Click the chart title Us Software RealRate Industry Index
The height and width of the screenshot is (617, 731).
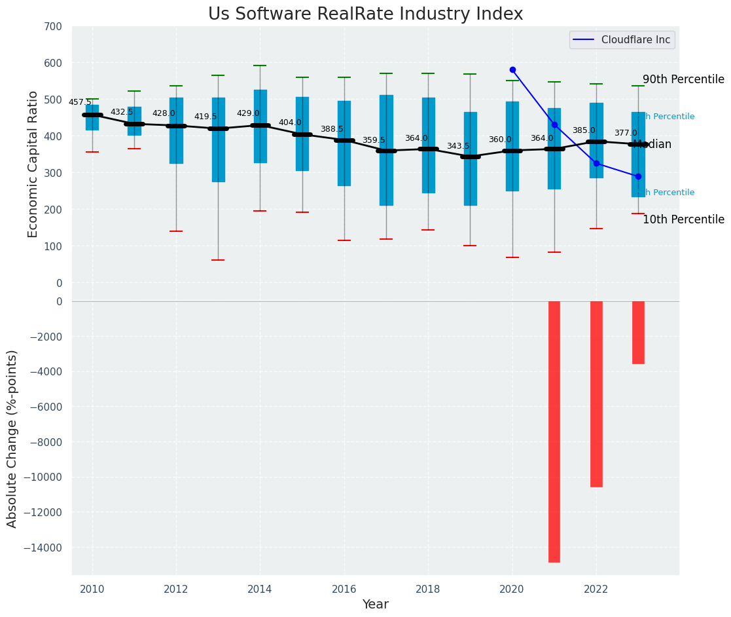click(365, 14)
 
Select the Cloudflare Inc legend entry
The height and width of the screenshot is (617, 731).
click(622, 40)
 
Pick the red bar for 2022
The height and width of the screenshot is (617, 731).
click(596, 394)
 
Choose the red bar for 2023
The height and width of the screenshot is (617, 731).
click(638, 332)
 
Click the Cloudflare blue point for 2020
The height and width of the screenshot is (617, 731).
click(512, 69)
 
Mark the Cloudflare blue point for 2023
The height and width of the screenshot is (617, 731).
click(638, 176)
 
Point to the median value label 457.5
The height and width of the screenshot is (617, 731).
click(80, 102)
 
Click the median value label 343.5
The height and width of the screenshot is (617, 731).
click(458, 146)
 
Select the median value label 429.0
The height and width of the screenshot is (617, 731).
click(248, 113)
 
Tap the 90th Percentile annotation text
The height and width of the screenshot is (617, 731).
click(683, 79)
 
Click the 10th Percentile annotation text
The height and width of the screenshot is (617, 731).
click(683, 219)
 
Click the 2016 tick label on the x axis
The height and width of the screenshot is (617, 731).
click(344, 589)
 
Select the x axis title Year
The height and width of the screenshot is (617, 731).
click(375, 605)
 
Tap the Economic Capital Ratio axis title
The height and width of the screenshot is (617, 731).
click(33, 155)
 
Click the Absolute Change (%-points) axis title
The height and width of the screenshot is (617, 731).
click(12, 438)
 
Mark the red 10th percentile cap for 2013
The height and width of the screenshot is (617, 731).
click(218, 260)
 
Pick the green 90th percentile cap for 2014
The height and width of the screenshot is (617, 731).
click(260, 65)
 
